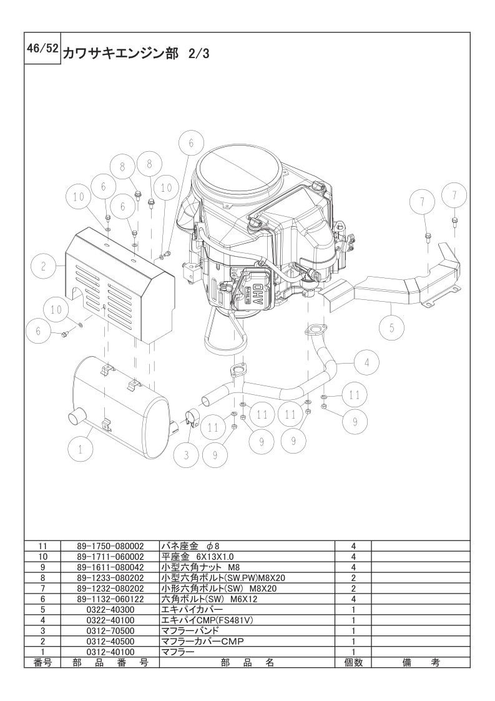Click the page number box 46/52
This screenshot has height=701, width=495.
[42, 49]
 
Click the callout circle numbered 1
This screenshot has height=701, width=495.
[81, 449]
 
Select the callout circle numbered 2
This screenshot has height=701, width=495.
[43, 266]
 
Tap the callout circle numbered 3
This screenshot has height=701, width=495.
[186, 455]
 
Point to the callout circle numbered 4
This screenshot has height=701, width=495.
[366, 362]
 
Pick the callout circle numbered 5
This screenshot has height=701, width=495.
[391, 328]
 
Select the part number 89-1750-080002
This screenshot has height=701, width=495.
[110, 546]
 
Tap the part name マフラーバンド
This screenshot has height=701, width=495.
[190, 631]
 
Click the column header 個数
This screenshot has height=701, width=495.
[353, 662]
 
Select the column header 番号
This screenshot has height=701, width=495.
[43, 662]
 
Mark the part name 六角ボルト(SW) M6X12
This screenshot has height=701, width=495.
[209, 599]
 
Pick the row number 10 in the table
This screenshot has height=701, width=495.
[43, 557]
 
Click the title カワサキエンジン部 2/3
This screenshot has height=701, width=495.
[136, 54]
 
